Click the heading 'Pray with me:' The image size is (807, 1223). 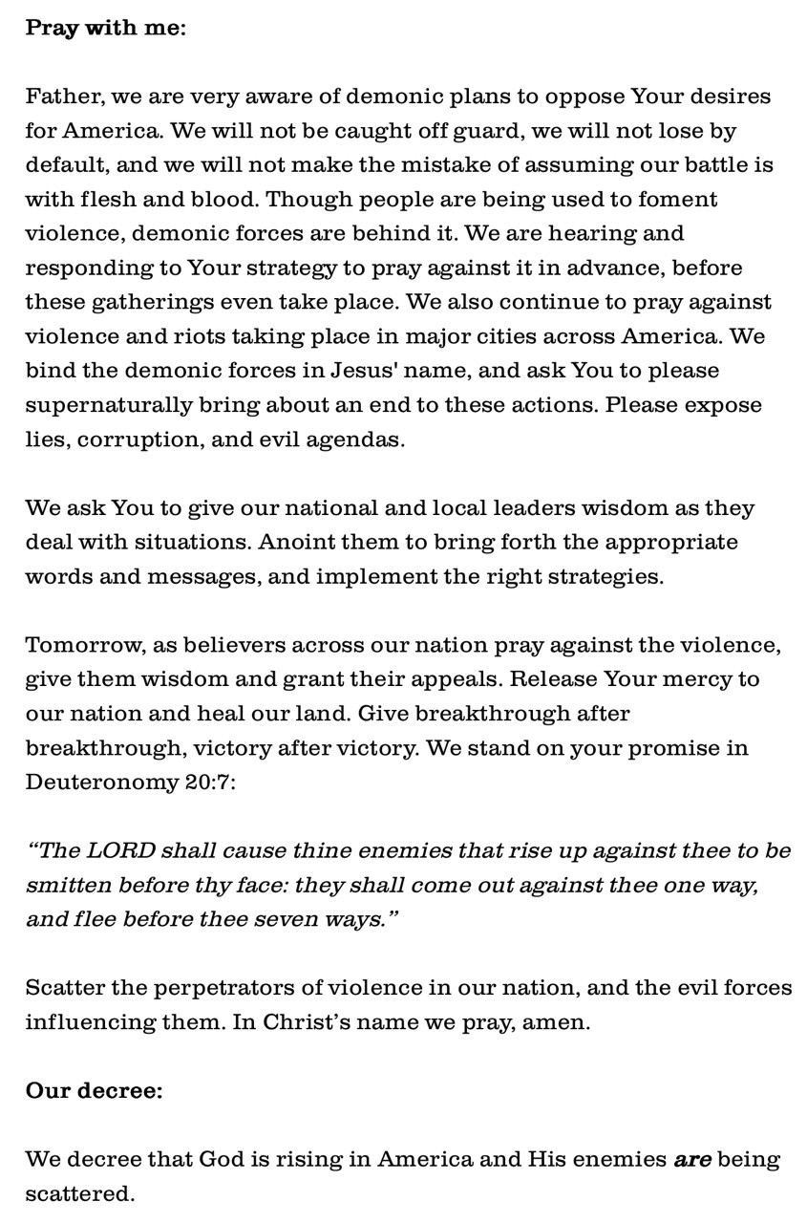[x=105, y=28]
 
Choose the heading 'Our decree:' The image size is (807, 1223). [x=94, y=1090]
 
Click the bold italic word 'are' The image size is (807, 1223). [x=692, y=1160]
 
